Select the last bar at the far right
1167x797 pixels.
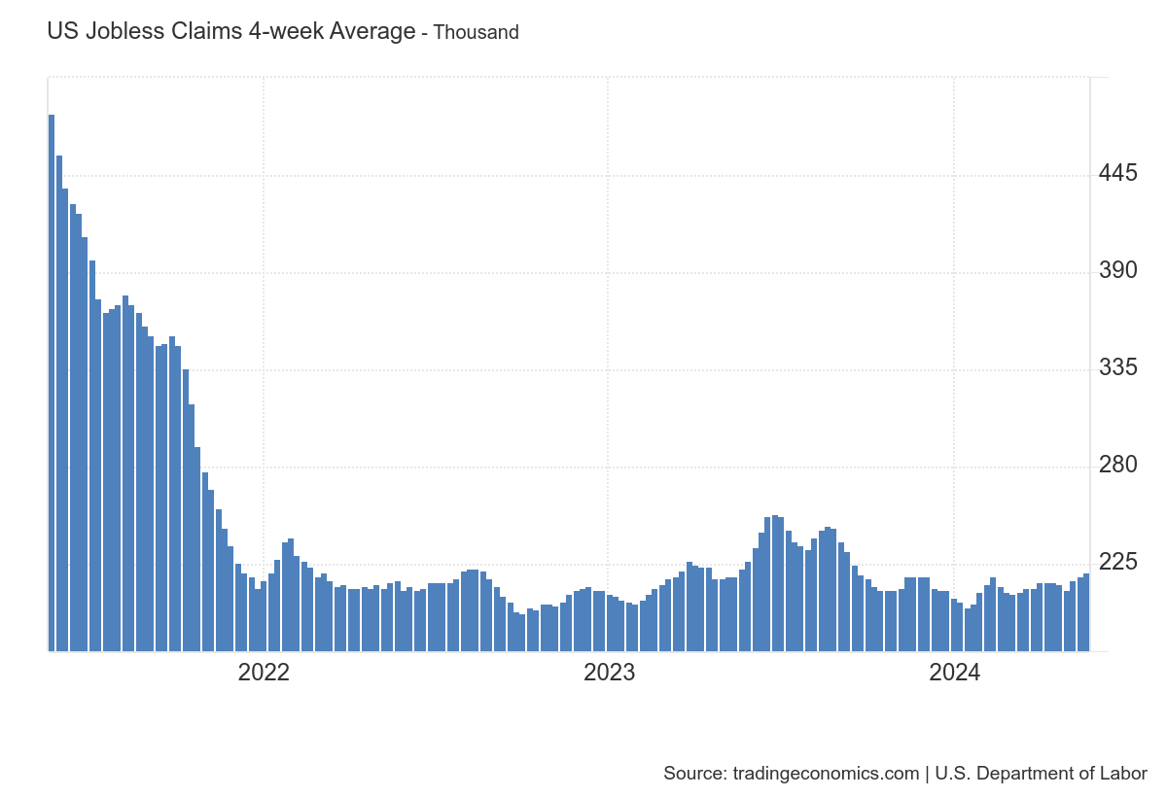point(1086,612)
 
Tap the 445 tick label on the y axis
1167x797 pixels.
point(1117,174)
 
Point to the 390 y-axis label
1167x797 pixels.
point(1117,271)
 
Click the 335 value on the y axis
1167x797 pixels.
point(1117,368)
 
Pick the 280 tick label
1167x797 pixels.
point(1117,466)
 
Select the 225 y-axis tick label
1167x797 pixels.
point(1117,563)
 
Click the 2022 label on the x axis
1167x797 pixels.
point(264,673)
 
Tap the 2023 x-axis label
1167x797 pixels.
point(609,673)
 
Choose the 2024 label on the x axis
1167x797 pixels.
point(954,673)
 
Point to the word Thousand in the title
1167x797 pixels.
point(476,32)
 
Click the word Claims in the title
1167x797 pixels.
point(203,31)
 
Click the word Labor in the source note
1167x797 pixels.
point(1124,774)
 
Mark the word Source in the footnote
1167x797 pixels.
point(692,774)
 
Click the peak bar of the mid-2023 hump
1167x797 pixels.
point(774,583)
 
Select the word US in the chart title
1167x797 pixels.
point(61,31)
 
